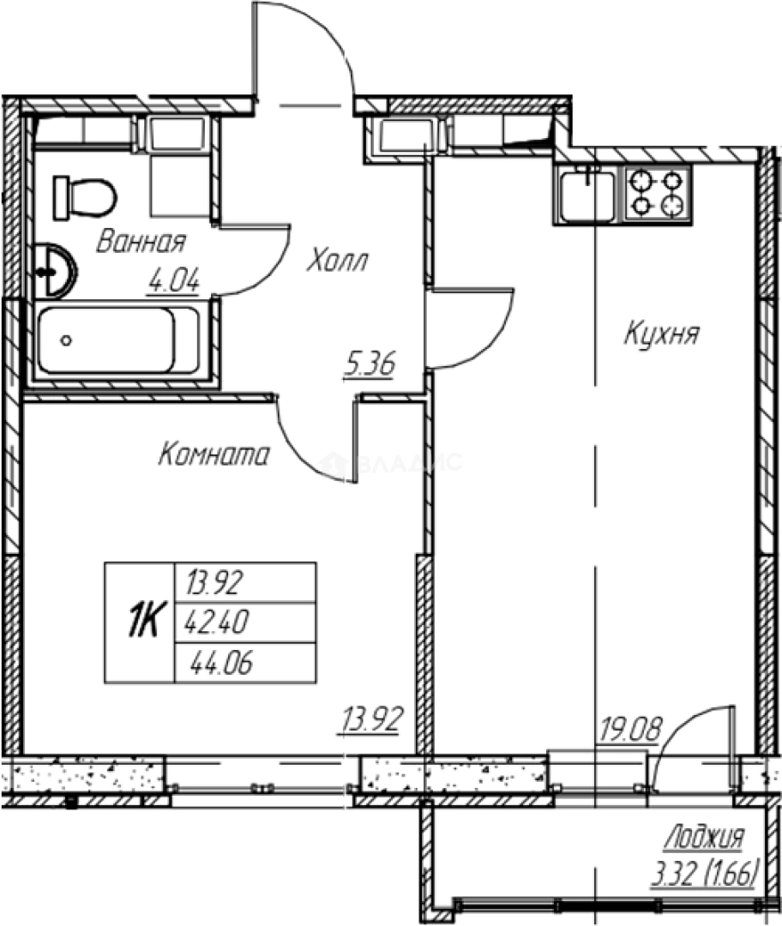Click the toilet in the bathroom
[85, 197]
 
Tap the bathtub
[118, 340]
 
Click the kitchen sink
[587, 194]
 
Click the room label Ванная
[141, 242]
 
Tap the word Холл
[337, 261]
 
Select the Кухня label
[661, 334]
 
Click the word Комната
[214, 454]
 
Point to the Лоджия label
[705, 838]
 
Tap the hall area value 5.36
[370, 365]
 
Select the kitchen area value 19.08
[630, 730]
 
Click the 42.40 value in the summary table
[217, 622]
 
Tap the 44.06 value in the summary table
[221, 663]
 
